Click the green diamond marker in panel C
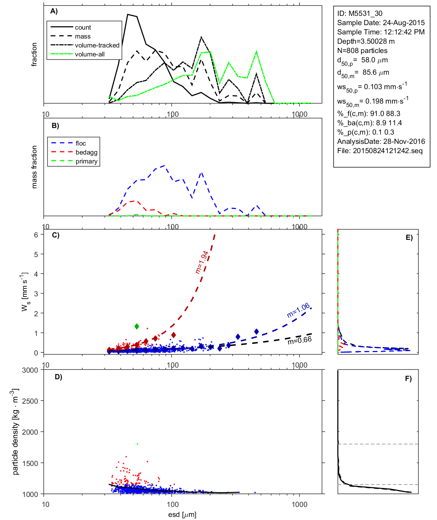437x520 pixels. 137,326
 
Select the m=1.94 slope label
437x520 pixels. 202,262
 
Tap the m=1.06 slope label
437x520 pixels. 298,310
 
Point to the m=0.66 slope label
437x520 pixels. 300,340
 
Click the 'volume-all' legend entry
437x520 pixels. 90,54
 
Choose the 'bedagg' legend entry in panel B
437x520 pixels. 86,152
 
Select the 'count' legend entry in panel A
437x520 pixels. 83,28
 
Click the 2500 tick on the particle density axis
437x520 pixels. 30,401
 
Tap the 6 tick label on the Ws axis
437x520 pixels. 36,235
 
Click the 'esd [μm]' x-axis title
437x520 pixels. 182,514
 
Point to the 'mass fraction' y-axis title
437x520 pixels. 34,167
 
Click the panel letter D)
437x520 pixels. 58,377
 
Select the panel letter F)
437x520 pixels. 408,379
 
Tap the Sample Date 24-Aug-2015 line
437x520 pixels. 381,23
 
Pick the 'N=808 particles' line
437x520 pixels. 362,51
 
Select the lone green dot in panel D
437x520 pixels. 137,444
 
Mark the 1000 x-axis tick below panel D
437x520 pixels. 299,505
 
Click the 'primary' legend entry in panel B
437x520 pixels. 86,161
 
